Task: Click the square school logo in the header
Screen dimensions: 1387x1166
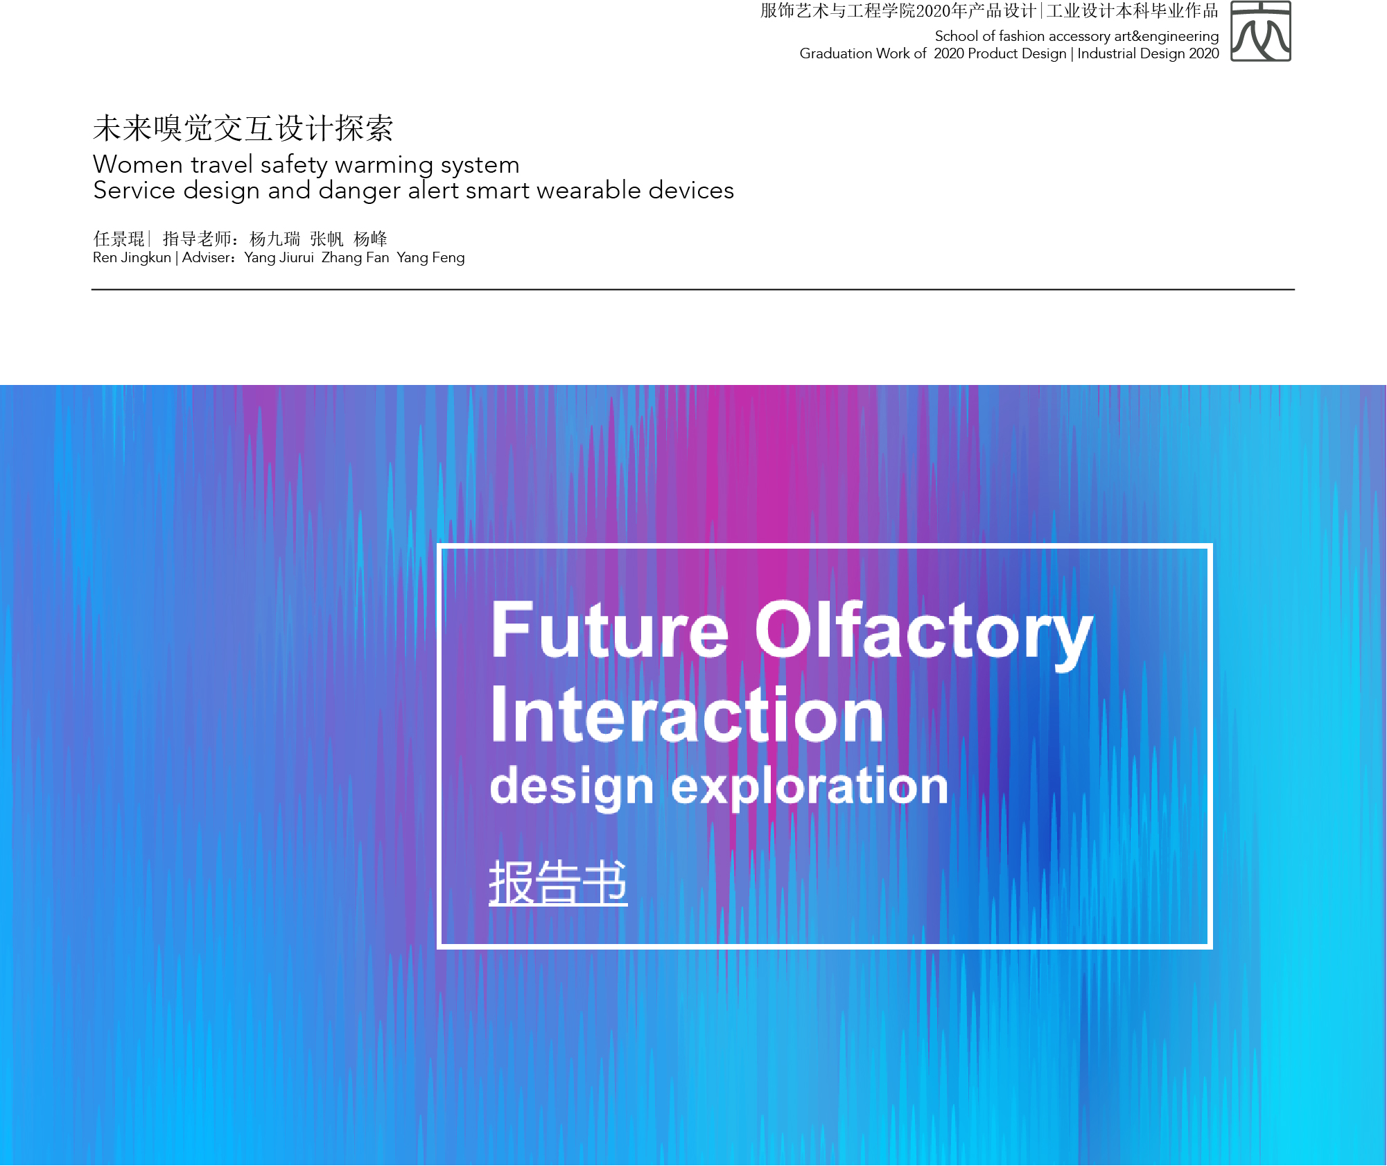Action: (1260, 31)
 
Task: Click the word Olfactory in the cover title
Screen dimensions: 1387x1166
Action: (924, 633)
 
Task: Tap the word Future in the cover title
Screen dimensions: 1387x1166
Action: (610, 630)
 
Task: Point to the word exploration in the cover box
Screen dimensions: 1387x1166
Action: (810, 787)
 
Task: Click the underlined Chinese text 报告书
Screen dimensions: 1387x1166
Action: (558, 882)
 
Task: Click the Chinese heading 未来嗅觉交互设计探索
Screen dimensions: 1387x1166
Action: (243, 128)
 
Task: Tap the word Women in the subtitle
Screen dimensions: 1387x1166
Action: (138, 165)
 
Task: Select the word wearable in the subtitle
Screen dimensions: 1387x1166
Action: (588, 190)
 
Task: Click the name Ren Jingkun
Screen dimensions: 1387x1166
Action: (132, 258)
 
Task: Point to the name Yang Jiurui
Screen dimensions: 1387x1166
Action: (279, 258)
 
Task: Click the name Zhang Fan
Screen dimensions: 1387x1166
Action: (356, 258)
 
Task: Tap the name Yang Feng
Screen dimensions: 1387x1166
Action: (430, 258)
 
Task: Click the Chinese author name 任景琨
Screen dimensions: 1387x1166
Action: (119, 239)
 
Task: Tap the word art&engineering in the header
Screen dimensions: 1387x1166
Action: (1166, 37)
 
